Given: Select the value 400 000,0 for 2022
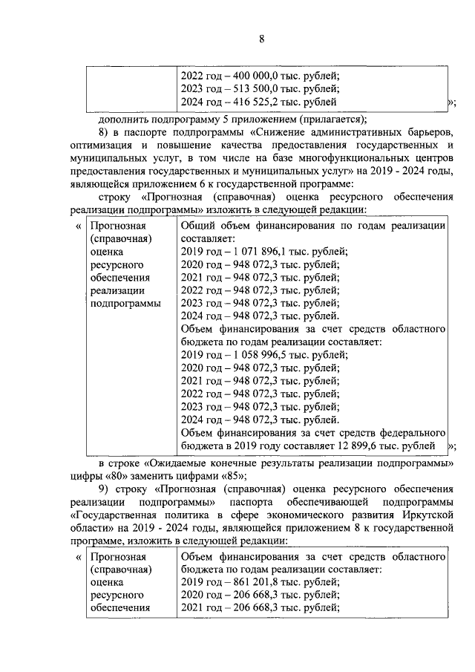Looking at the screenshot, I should point(261,75).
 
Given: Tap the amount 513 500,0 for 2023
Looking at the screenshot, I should point(261,88).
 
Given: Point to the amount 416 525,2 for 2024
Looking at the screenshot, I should point(261,102).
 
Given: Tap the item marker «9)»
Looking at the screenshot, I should point(105,489).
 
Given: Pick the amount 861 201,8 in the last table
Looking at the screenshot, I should point(261,582).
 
